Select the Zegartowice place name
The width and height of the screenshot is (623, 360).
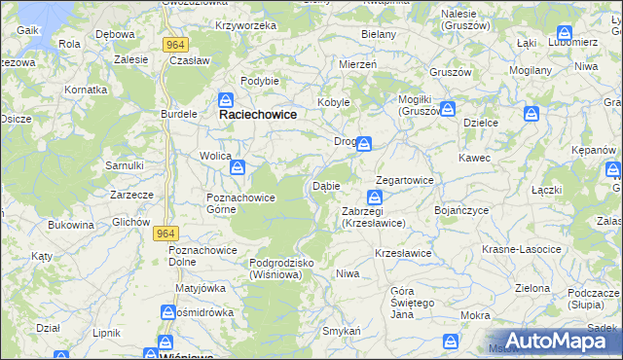coord(405,180)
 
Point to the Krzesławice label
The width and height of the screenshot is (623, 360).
coord(403,253)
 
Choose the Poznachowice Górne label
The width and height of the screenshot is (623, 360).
coord(240,203)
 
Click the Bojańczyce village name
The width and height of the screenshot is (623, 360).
coord(466,209)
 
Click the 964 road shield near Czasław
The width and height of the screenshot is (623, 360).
coord(176,45)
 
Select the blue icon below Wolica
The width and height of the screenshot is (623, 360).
coord(237,168)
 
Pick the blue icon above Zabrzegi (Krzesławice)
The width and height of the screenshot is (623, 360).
coord(375,198)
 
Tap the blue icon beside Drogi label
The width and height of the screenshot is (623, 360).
coord(363,144)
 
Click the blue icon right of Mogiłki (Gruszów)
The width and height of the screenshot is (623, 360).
coord(448,109)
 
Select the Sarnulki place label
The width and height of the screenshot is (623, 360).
coord(125,165)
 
